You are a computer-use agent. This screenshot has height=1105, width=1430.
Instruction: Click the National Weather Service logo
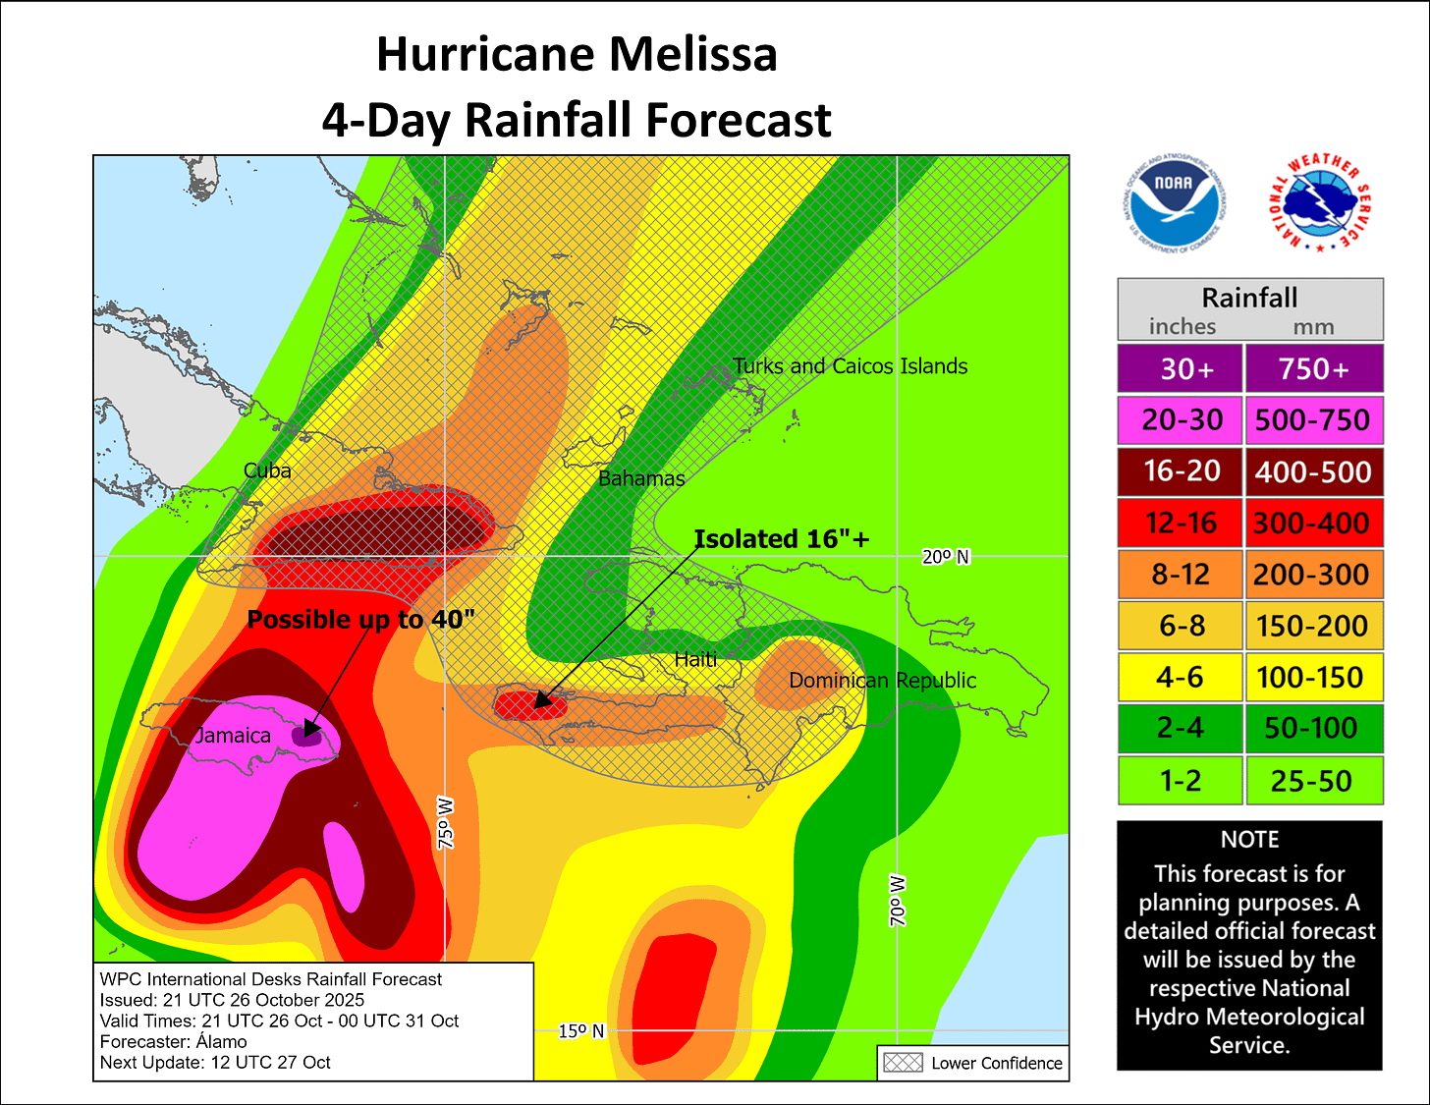click(1319, 203)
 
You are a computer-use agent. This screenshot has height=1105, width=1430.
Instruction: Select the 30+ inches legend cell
click(1181, 368)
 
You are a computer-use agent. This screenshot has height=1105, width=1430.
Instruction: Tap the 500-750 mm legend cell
click(1313, 420)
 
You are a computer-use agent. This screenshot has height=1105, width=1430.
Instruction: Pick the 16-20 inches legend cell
click(1181, 471)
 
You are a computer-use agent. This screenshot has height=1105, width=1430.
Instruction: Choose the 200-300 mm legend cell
click(1313, 575)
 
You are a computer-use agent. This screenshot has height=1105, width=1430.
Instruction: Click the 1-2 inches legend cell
click(1181, 781)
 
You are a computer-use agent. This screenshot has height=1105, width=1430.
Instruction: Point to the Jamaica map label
click(233, 736)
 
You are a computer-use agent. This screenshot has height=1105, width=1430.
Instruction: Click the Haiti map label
click(695, 659)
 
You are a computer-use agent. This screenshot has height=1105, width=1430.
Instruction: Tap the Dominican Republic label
click(882, 681)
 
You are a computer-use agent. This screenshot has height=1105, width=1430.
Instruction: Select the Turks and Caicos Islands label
click(850, 366)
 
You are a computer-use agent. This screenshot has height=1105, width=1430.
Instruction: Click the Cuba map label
click(267, 470)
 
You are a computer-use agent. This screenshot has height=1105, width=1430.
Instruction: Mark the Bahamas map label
click(641, 478)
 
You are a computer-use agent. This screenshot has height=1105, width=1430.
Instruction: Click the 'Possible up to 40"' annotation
click(360, 620)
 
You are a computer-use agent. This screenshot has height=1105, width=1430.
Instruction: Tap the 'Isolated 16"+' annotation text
click(782, 539)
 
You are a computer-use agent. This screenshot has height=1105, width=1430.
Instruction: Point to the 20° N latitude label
click(945, 557)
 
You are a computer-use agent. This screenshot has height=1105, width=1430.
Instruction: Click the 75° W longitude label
click(446, 823)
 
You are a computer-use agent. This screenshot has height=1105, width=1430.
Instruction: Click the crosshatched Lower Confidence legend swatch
click(903, 1063)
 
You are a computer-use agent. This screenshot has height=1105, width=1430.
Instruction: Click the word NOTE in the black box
click(1249, 840)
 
